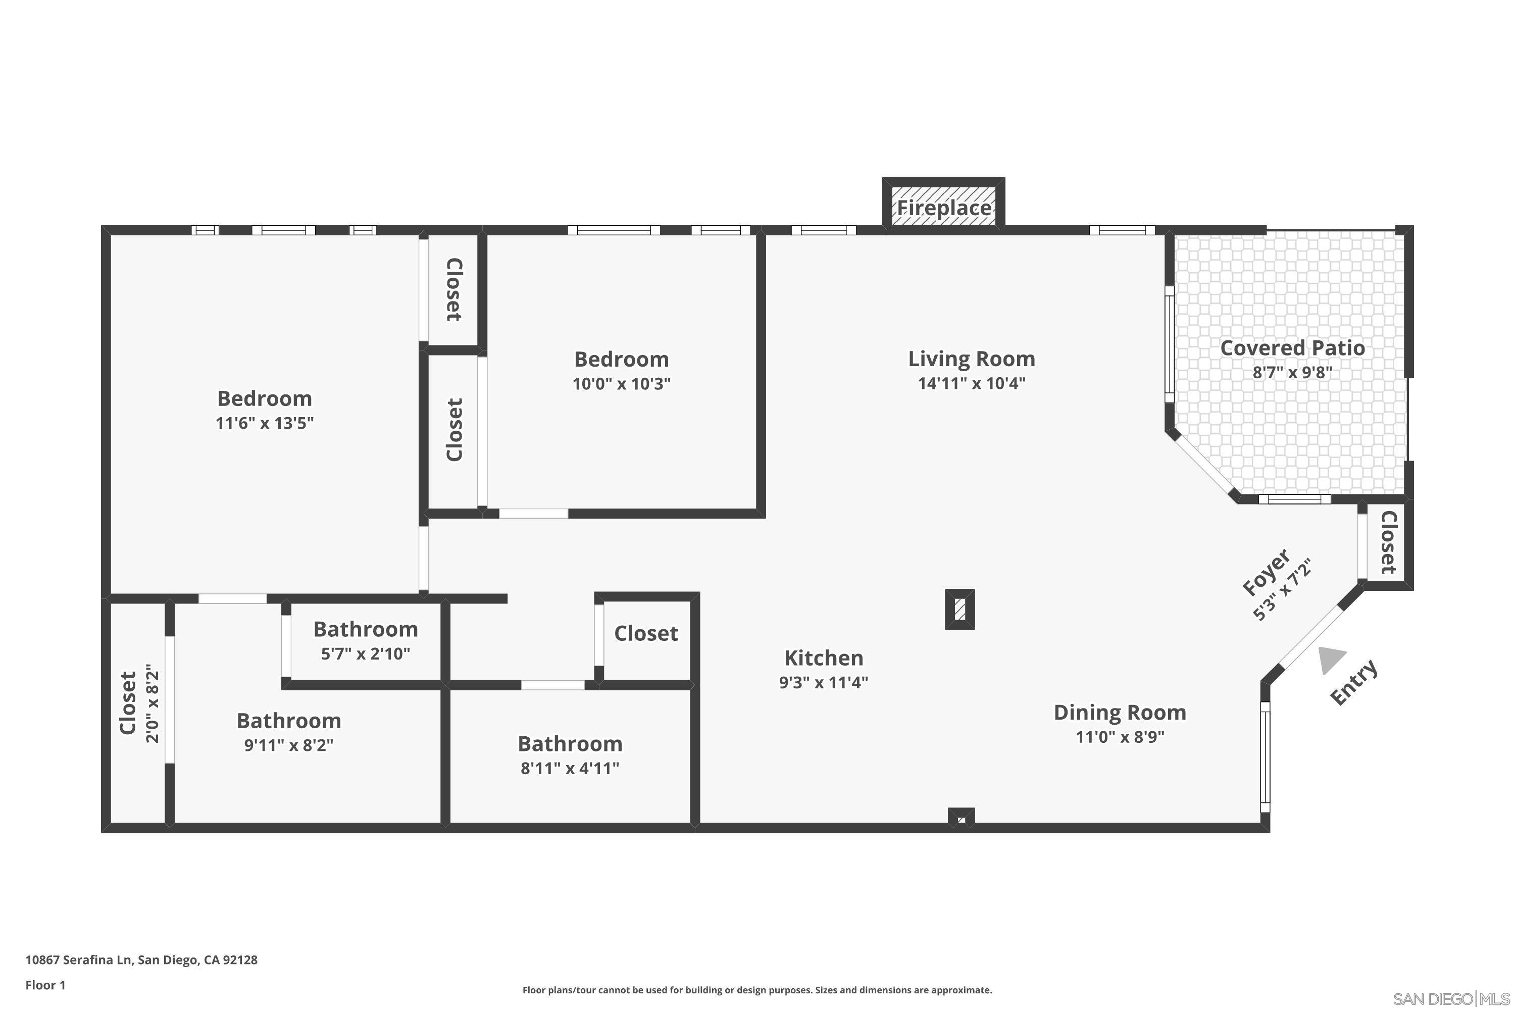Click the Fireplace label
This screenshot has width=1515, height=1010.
[x=944, y=208]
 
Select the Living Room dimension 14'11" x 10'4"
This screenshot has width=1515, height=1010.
[x=971, y=383]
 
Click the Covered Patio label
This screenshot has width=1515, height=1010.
[x=1292, y=348]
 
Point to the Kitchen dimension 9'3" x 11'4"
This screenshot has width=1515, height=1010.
[x=823, y=682]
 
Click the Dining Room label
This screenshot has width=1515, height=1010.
[x=1120, y=713]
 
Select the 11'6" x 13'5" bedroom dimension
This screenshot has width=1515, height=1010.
[x=264, y=423]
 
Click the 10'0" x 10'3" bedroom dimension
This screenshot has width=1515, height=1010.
[x=621, y=384]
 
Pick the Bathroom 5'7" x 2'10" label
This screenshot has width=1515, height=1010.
[x=365, y=629]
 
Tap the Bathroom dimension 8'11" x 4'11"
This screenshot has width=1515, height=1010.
[x=570, y=768]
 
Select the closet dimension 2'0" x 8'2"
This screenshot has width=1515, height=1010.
[x=153, y=703]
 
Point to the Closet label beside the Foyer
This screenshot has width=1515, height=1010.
[x=1388, y=542]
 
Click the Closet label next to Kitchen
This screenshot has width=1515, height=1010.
[x=645, y=634]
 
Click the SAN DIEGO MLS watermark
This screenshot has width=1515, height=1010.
[x=1452, y=999]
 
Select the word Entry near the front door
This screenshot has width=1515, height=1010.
[x=1354, y=682]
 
